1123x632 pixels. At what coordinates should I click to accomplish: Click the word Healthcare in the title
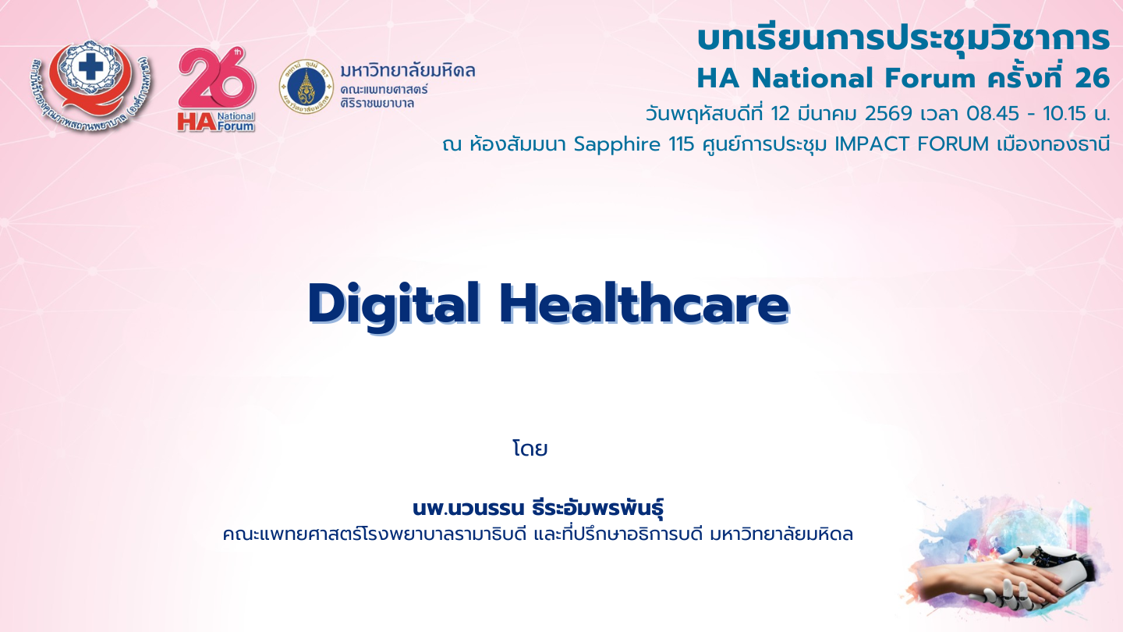tap(644, 303)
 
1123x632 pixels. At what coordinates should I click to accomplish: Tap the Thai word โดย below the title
tap(530, 449)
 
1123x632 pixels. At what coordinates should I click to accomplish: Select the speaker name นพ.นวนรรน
tap(468, 509)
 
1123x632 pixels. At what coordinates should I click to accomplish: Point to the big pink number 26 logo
tap(217, 79)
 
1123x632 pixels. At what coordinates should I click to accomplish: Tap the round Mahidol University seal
tap(306, 87)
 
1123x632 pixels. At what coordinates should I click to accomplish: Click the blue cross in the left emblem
tap(90, 67)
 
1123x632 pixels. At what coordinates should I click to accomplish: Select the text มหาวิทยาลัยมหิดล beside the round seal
tap(408, 71)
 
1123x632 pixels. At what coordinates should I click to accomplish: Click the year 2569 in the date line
tap(888, 114)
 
